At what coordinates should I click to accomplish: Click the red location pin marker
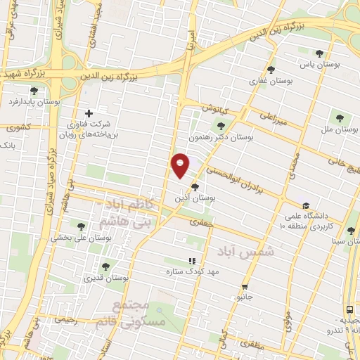pyautogui.click(x=181, y=165)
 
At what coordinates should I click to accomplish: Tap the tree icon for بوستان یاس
pyautogui.click(x=320, y=53)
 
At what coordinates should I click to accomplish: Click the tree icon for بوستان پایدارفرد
pyautogui.click(x=34, y=91)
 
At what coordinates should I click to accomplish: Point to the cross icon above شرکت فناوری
pyautogui.click(x=89, y=113)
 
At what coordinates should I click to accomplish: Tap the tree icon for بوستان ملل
pyautogui.click(x=340, y=117)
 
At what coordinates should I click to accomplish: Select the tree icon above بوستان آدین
pyautogui.click(x=195, y=186)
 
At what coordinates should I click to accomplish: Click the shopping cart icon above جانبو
pyautogui.click(x=245, y=286)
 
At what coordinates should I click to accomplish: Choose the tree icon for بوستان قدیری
pyautogui.click(x=105, y=266)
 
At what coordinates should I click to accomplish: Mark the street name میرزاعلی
pyautogui.click(x=275, y=117)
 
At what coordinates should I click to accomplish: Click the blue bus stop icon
pyautogui.click(x=349, y=309)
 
